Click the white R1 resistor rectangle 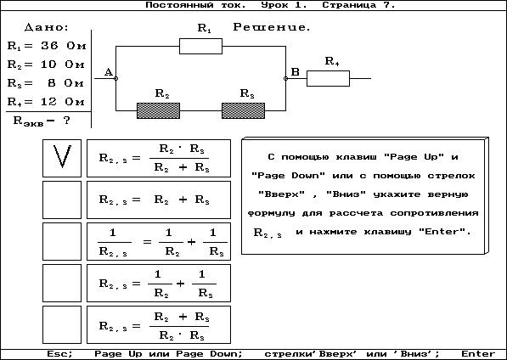[200, 46]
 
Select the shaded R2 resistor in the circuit [159, 111]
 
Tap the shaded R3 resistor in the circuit [243, 111]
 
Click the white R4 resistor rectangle [328, 78]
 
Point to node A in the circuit [116, 78]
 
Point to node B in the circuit [285, 78]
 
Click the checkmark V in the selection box [62, 156]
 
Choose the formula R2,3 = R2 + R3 [159, 200]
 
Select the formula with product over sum [159, 158]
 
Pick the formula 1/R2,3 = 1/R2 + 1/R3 [159, 241]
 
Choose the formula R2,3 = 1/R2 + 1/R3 [159, 283]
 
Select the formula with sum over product [159, 325]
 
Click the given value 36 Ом [64, 46]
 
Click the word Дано [47, 27]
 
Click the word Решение [272, 27]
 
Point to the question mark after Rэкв [66, 121]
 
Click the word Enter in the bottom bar [478, 354]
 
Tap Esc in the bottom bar [59, 354]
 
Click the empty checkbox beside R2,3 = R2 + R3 [62, 200]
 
